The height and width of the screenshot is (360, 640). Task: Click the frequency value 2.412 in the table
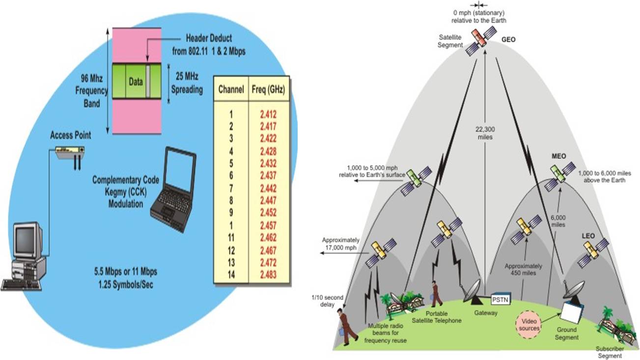[x=269, y=114]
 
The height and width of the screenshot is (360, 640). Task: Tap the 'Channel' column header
[x=230, y=90]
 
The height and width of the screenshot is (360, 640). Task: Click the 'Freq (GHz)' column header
[x=269, y=90]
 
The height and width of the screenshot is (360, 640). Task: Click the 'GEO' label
[x=508, y=40]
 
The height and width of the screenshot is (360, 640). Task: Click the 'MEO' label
[x=559, y=156]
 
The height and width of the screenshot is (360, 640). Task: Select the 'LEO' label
[x=588, y=236]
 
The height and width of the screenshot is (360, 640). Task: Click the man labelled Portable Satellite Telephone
[x=436, y=294]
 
